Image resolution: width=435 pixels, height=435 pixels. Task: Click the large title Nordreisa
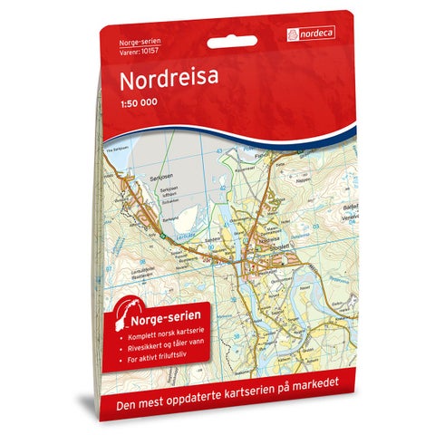[167, 81]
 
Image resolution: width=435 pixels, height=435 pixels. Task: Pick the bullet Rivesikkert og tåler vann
[160, 346]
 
